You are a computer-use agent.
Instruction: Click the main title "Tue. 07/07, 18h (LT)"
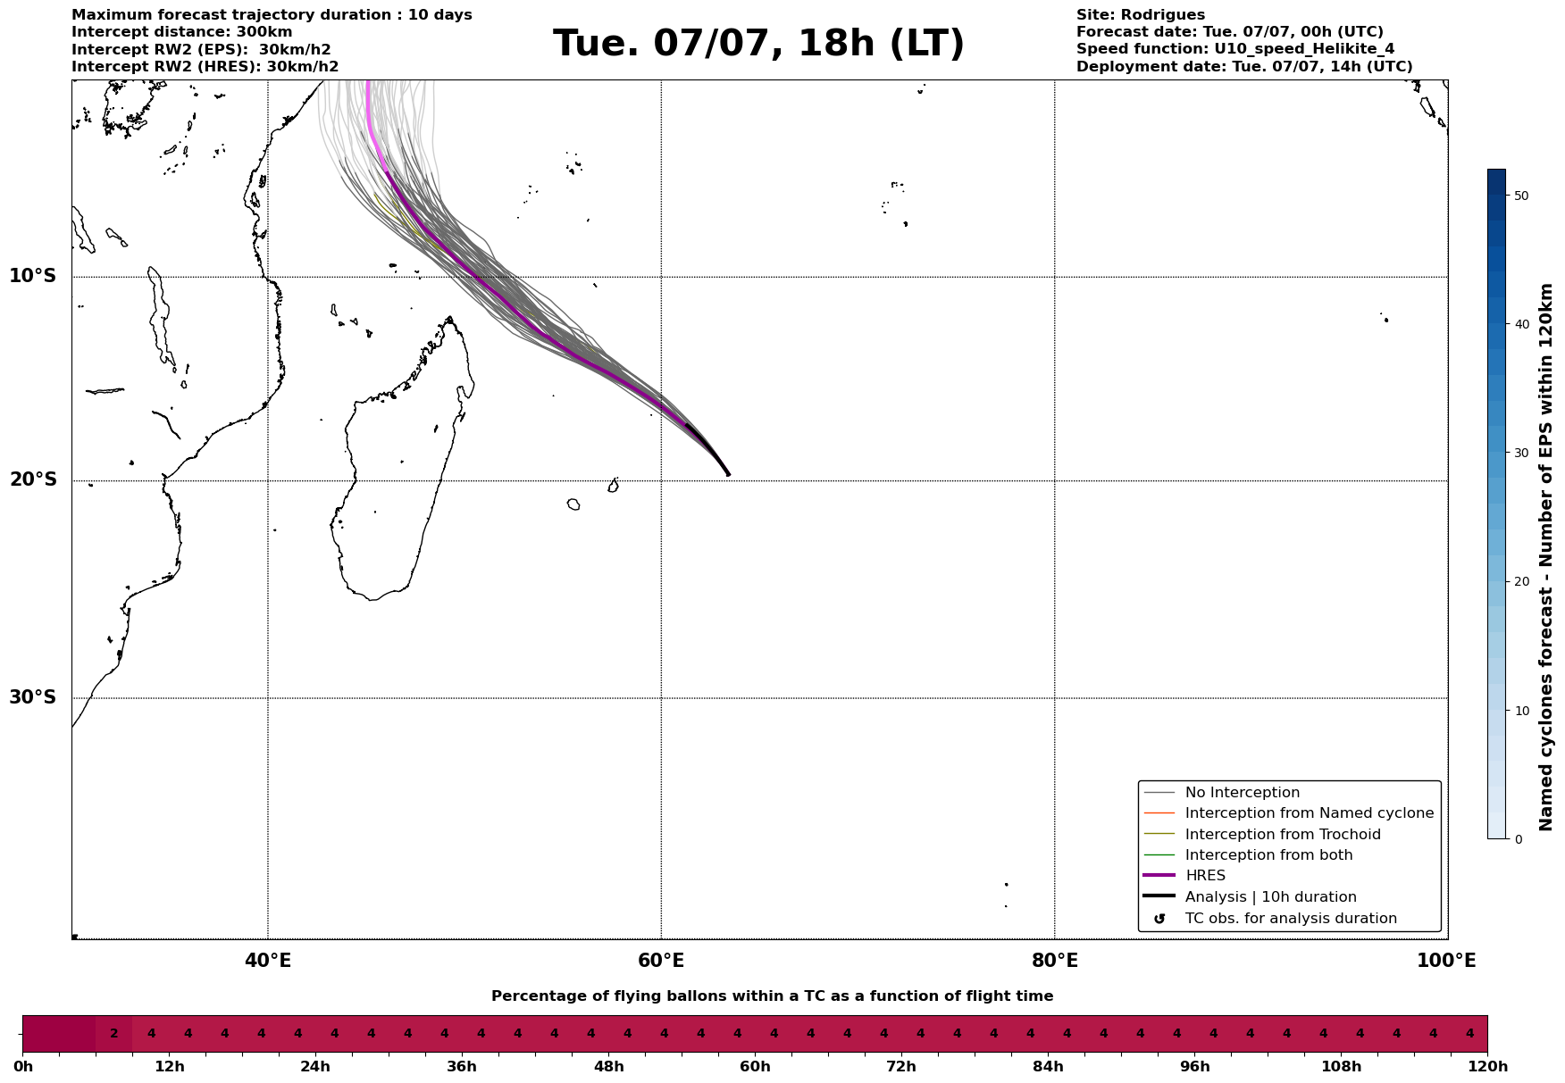(x=758, y=44)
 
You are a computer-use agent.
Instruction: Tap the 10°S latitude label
(x=33, y=276)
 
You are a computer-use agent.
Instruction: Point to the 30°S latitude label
(x=33, y=697)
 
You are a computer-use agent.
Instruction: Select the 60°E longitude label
(x=661, y=961)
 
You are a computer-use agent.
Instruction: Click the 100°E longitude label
(x=1446, y=961)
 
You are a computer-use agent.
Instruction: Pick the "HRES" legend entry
(x=1205, y=876)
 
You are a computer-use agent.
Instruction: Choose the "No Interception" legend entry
(x=1243, y=793)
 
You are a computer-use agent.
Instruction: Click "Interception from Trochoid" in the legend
(x=1283, y=835)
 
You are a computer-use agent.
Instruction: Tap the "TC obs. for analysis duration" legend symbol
(x=1159, y=919)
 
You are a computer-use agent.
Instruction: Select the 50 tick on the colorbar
(x=1519, y=196)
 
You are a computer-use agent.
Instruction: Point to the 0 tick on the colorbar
(x=1518, y=839)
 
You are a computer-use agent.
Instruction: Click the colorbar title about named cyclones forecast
(x=1547, y=557)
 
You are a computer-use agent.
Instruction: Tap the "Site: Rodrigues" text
(x=1141, y=15)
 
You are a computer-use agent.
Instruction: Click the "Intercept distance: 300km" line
(x=182, y=32)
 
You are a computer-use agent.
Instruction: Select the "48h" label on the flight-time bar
(x=608, y=1066)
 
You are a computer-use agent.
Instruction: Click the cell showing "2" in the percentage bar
(x=113, y=1034)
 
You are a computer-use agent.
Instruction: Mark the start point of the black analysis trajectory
(x=729, y=475)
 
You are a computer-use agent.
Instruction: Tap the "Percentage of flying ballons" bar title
(x=772, y=996)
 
